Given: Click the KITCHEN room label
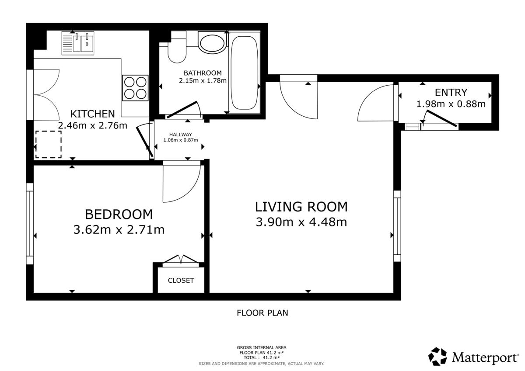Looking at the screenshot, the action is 93,114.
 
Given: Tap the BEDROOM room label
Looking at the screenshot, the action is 119,215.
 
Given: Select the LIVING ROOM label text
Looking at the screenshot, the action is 301,207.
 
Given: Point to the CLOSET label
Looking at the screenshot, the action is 181,281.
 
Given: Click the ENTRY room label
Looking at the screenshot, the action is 451,93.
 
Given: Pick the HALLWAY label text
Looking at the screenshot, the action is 181,135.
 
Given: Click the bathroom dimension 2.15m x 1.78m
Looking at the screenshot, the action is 203,80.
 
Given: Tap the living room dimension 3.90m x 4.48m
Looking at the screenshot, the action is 301,222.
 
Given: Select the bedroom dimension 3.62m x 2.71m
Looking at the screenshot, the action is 119,229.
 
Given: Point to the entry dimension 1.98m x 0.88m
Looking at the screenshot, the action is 451,104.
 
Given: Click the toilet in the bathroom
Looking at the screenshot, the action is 177,47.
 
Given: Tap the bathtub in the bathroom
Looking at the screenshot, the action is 245,73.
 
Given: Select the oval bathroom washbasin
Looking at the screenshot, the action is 212,43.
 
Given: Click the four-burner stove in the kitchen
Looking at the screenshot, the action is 135,88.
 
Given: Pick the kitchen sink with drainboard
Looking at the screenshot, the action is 78,43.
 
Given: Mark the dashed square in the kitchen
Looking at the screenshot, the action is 49,144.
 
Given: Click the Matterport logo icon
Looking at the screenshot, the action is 437,357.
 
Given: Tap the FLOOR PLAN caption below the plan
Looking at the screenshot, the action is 262,313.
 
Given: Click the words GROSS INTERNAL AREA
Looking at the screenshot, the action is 262,347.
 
